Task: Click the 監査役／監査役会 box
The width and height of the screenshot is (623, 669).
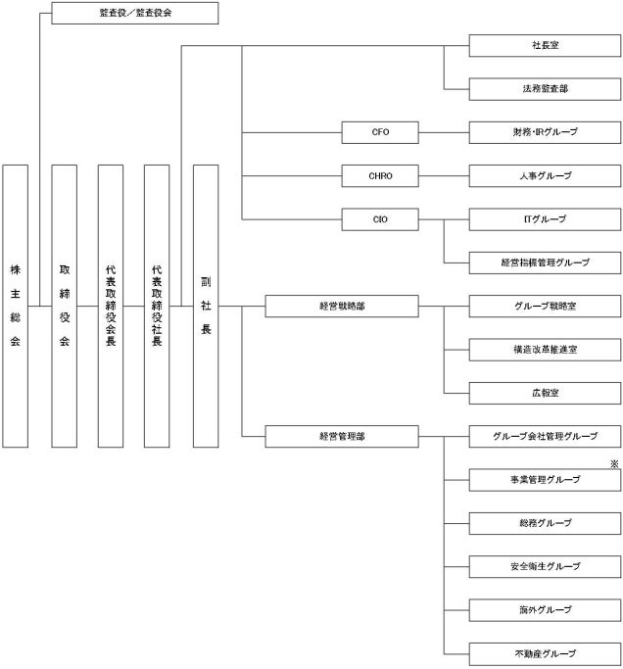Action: [135, 14]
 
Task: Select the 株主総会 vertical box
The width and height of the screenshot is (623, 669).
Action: [15, 306]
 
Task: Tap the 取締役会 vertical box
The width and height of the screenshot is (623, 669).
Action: [64, 306]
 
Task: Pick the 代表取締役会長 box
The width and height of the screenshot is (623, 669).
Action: [111, 306]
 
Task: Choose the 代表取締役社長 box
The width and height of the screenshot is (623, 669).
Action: [157, 306]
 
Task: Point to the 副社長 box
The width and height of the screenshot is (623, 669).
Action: [206, 306]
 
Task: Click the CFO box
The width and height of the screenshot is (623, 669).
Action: [381, 132]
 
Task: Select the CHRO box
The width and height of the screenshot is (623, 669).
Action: [381, 176]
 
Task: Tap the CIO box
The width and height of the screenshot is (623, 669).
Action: [381, 219]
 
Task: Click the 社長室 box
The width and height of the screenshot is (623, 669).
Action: [546, 46]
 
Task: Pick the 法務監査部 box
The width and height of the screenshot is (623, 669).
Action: [546, 89]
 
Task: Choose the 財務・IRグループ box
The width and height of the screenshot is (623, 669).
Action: [546, 132]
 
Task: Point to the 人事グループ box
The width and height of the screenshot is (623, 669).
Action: [546, 176]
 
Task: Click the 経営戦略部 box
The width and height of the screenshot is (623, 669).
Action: [342, 307]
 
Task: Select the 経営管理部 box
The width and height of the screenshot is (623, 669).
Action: [342, 436]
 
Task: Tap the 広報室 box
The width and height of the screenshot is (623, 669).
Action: [546, 393]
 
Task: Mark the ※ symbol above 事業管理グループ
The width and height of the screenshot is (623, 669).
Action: [614, 463]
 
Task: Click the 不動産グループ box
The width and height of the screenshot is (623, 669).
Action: [546, 653]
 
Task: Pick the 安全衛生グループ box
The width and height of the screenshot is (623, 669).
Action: [546, 566]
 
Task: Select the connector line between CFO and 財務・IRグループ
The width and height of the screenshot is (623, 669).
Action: [445, 132]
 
